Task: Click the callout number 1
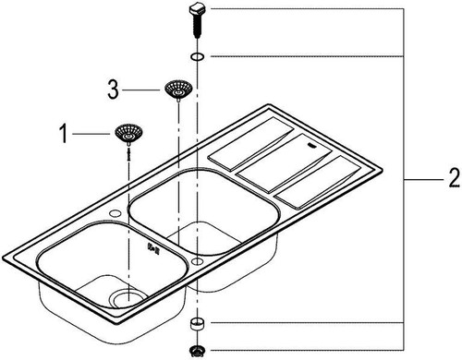(64, 134)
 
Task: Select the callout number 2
(454, 179)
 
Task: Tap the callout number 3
(113, 90)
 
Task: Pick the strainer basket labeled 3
(178, 90)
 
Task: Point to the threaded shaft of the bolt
(197, 27)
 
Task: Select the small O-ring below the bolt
(197, 56)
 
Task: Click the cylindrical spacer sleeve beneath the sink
(197, 324)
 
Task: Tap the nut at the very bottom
(197, 350)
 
